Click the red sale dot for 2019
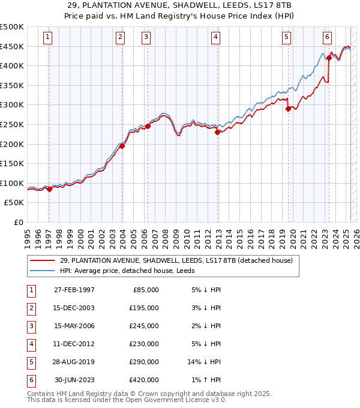[288, 109]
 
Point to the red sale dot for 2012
[217, 133]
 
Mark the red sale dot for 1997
[50, 189]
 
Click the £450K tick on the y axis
[12, 46]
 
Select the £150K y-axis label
[12, 163]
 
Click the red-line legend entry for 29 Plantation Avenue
[176, 260]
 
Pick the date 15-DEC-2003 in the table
[74, 308]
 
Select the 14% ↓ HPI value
[205, 362]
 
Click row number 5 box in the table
[30, 362]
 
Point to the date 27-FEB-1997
[74, 290]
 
